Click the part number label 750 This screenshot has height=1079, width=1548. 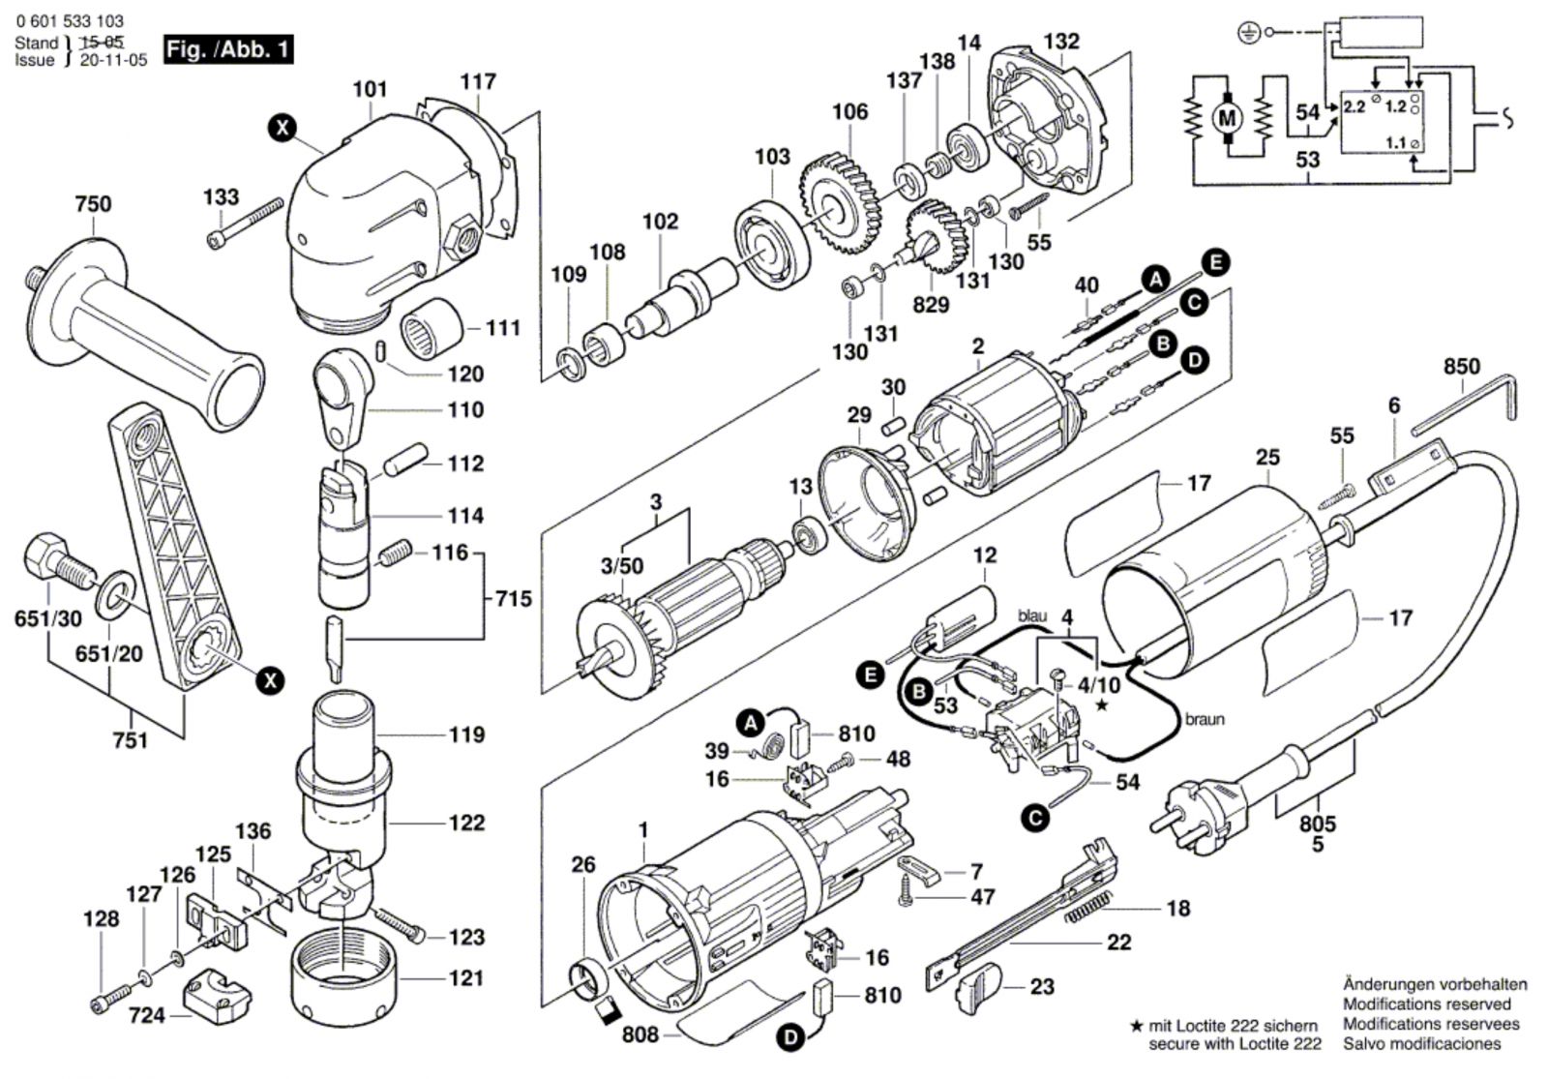pyautogui.click(x=93, y=204)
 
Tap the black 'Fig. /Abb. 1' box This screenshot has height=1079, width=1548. pyautogui.click(x=227, y=49)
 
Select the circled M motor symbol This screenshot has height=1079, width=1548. pyautogui.click(x=1228, y=118)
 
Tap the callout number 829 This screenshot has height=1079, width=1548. pyautogui.click(x=930, y=305)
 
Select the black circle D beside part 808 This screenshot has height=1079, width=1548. pyautogui.click(x=791, y=1038)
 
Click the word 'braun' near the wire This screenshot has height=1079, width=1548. pyautogui.click(x=1205, y=719)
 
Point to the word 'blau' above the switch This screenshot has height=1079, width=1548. pyautogui.click(x=1032, y=615)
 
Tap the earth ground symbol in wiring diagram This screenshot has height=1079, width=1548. pyautogui.click(x=1249, y=33)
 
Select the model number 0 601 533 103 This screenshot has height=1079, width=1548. pyautogui.click(x=70, y=20)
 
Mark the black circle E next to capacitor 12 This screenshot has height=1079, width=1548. pyautogui.click(x=872, y=674)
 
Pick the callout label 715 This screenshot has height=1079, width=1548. pyautogui.click(x=513, y=599)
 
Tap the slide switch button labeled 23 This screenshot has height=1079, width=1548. pyautogui.click(x=979, y=992)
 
